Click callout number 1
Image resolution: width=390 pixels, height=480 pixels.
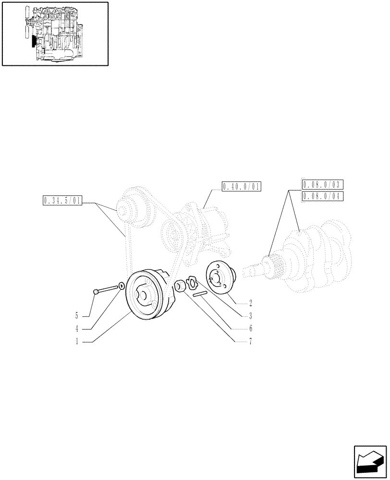click(x=76, y=342)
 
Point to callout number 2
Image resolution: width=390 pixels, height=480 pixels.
click(x=251, y=303)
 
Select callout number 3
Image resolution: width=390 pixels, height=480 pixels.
click(x=251, y=316)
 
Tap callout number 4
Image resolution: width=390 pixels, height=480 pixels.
click(x=76, y=329)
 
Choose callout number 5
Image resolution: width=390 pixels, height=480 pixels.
click(x=76, y=316)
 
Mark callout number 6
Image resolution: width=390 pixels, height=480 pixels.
click(x=251, y=329)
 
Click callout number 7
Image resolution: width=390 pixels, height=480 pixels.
click(x=251, y=342)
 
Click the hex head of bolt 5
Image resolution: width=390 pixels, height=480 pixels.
click(x=96, y=291)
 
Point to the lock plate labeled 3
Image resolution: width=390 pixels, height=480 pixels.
click(x=192, y=282)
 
